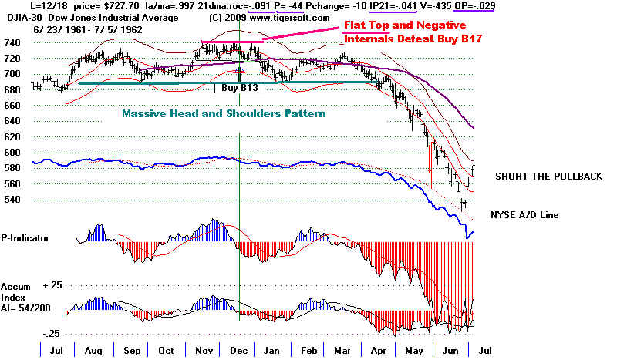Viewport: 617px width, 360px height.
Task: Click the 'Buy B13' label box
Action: point(240,89)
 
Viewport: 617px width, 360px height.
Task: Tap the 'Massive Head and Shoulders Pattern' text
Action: point(224,113)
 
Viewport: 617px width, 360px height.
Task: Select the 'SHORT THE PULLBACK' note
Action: point(548,177)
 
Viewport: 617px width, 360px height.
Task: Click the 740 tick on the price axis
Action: point(13,42)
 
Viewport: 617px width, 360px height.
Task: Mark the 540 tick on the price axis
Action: point(13,199)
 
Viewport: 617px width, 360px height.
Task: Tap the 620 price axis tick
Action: point(13,136)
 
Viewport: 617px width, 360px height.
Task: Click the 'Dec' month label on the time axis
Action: point(240,350)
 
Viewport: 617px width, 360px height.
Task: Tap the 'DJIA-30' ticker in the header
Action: point(21,18)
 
